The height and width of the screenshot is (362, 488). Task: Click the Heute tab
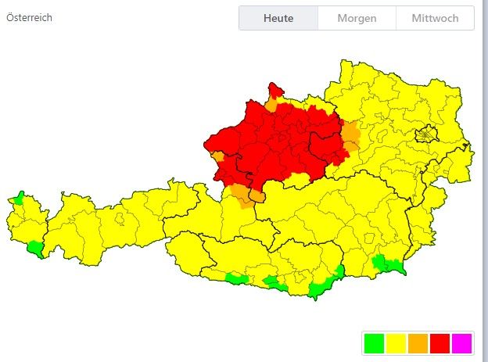[278, 18]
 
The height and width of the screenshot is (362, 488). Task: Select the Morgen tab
[357, 18]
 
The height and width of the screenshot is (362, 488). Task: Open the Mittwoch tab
[435, 18]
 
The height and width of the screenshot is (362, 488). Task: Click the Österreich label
[29, 17]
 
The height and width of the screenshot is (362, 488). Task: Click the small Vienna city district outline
[425, 134]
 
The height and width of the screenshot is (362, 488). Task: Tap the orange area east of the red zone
[351, 136]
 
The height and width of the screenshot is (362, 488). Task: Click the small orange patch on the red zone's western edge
[217, 157]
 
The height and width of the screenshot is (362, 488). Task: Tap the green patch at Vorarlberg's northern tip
[20, 196]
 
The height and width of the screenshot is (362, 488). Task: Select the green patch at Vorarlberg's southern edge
[34, 249]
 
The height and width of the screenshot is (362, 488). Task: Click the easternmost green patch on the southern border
[389, 265]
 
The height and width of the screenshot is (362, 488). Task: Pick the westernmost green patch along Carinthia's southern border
[236, 278]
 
